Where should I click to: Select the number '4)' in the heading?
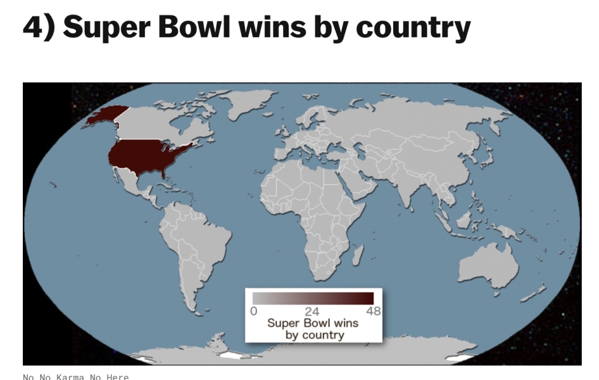coord(39,26)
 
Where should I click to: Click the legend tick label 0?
coord(253,311)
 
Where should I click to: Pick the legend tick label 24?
coord(312,311)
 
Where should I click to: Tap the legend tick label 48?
coord(373,311)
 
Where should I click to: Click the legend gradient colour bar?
coord(313,298)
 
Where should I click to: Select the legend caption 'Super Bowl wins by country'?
coord(313,329)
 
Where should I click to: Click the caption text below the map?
coord(75,377)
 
